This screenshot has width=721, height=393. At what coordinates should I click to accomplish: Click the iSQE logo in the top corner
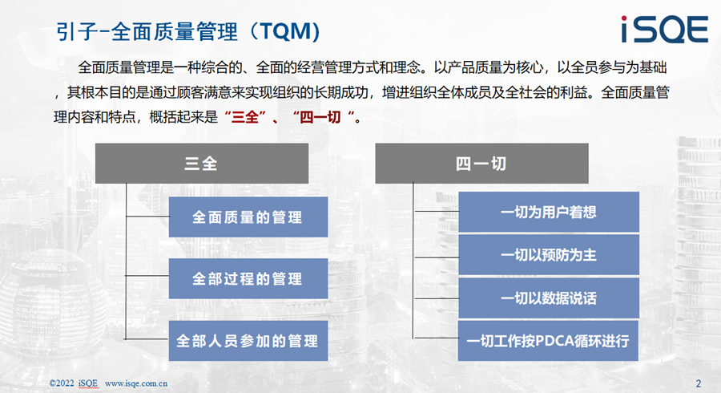point(664,29)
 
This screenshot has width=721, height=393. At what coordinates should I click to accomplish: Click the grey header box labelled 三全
point(202,164)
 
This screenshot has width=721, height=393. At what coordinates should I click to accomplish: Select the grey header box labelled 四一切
point(482,164)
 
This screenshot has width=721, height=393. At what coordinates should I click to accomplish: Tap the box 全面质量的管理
point(248,217)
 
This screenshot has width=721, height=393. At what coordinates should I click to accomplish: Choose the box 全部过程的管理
point(248,278)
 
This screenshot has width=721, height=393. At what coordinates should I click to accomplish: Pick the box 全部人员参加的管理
point(248,341)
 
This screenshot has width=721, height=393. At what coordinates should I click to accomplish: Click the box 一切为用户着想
point(549,212)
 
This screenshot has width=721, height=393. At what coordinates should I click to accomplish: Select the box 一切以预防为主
point(549,254)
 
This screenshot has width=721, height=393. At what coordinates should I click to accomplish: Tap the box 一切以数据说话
point(549,298)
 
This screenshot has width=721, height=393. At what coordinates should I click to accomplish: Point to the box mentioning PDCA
point(548,341)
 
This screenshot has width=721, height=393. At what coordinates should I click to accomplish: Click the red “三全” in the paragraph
point(246,117)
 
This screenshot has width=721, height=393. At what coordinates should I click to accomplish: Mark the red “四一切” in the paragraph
point(324,117)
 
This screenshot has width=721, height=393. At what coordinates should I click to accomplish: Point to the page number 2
point(699,383)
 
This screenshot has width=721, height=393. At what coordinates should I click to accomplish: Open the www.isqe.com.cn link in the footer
point(136,383)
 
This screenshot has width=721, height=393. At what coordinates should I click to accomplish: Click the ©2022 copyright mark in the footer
point(62,383)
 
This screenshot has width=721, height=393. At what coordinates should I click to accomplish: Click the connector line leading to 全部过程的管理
point(147,276)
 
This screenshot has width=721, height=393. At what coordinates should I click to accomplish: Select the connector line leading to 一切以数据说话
point(437,298)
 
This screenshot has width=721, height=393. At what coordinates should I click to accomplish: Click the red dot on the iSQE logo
point(624,18)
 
